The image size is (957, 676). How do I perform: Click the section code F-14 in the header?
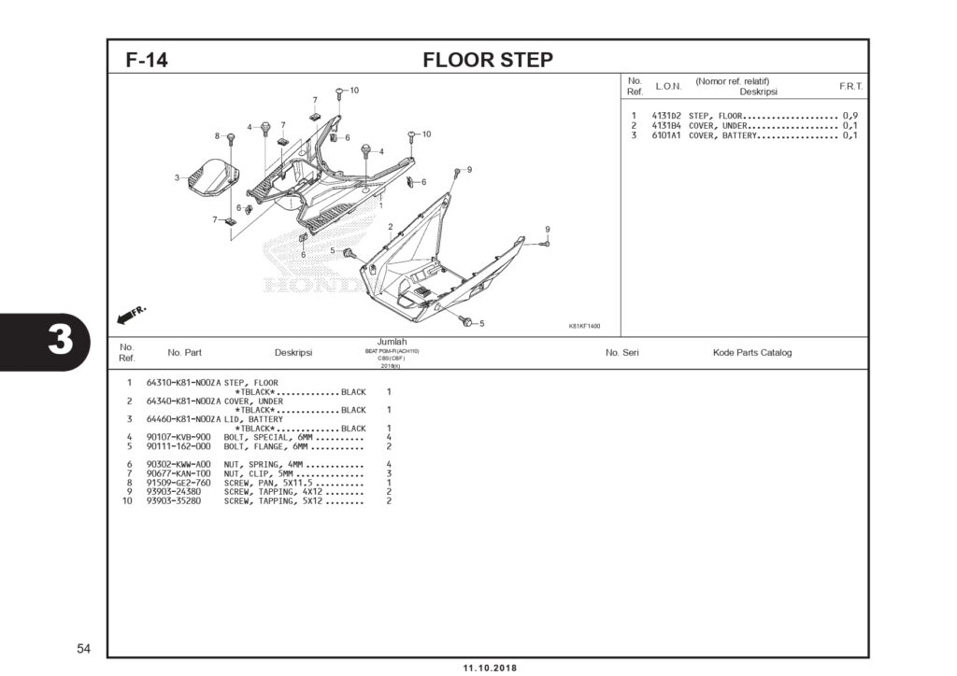coord(147,61)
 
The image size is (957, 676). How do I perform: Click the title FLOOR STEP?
coord(487,61)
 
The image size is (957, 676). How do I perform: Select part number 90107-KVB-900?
coord(179,437)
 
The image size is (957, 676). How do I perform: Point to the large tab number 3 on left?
coord(59,341)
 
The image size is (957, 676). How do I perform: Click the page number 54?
coord(84,648)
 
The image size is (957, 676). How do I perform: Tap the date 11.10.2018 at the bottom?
coord(489,668)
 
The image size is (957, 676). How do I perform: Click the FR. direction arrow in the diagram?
coord(132,314)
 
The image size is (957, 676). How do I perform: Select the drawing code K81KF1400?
coord(584,326)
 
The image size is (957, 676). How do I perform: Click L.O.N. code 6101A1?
coord(666,135)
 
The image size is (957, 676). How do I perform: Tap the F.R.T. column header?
coord(850,86)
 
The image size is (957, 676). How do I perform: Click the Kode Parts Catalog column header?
coord(751,353)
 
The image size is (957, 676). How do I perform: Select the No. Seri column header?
coord(621,353)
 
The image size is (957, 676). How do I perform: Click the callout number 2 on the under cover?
coord(390,227)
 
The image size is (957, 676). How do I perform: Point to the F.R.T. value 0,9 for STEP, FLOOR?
coord(850,116)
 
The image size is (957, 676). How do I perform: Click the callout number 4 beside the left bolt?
coord(250,126)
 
